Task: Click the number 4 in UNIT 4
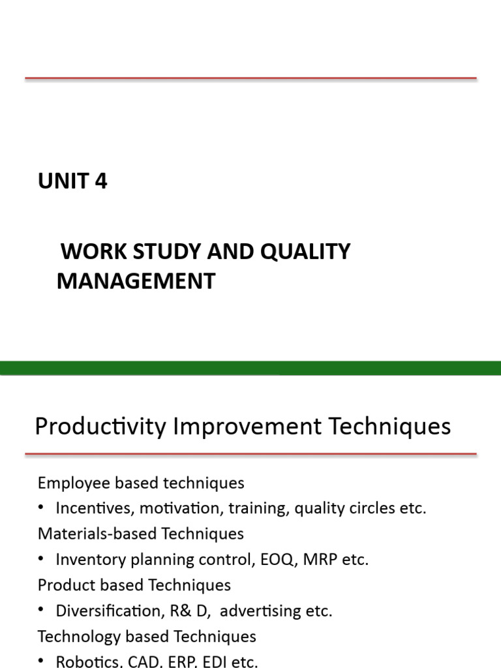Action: [100, 181]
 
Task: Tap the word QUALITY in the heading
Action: [307, 252]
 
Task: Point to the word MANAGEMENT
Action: [136, 281]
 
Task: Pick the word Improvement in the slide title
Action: [247, 427]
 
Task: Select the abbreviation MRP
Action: [329, 560]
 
